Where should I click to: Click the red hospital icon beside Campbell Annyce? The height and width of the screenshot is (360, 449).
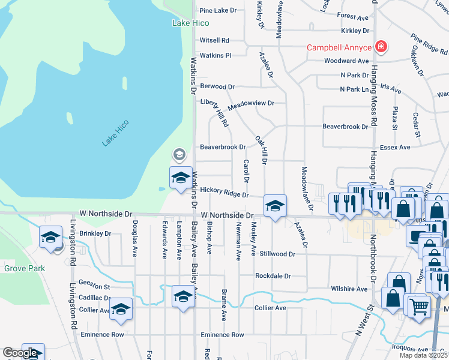click(380, 47)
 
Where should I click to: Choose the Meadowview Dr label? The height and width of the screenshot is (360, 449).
click(250, 103)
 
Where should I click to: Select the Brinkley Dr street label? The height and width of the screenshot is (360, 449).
click(95, 233)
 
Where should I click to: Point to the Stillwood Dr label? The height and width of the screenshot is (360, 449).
click(277, 254)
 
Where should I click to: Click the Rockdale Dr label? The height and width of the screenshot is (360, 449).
click(273, 276)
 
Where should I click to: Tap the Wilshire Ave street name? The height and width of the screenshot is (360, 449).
click(349, 289)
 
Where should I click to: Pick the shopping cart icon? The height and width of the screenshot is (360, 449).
click(419, 306)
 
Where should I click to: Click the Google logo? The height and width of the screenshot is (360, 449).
click(20, 353)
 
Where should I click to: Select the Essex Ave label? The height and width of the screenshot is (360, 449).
click(396, 147)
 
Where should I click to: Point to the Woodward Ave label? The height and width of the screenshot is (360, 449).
click(354, 61)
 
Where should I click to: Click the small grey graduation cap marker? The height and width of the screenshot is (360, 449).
click(178, 155)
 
